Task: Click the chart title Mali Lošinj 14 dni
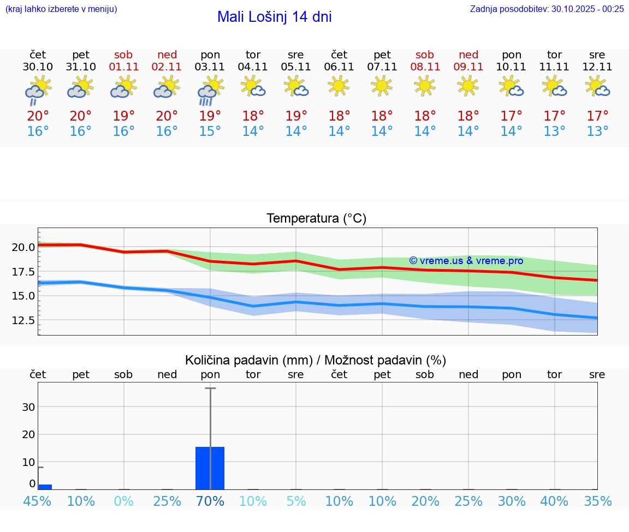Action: (274, 17)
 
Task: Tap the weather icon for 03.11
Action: (210, 91)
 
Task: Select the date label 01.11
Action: (124, 67)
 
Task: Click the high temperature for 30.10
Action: (38, 116)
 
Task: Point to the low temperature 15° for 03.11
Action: (210, 131)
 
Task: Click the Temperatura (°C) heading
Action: (316, 219)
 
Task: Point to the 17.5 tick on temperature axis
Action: (23, 272)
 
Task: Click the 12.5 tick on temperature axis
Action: (23, 320)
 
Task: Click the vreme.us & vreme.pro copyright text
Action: (466, 261)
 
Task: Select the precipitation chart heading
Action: (316, 360)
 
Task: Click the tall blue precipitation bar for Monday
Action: (210, 468)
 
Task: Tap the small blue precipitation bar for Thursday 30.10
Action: (45, 487)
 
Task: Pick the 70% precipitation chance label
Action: (210, 501)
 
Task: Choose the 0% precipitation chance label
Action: (124, 501)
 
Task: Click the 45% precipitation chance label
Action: (38, 501)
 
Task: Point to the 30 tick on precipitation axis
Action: (28, 407)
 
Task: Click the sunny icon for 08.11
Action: (425, 86)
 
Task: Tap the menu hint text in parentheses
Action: (61, 9)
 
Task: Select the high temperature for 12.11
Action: (597, 116)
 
